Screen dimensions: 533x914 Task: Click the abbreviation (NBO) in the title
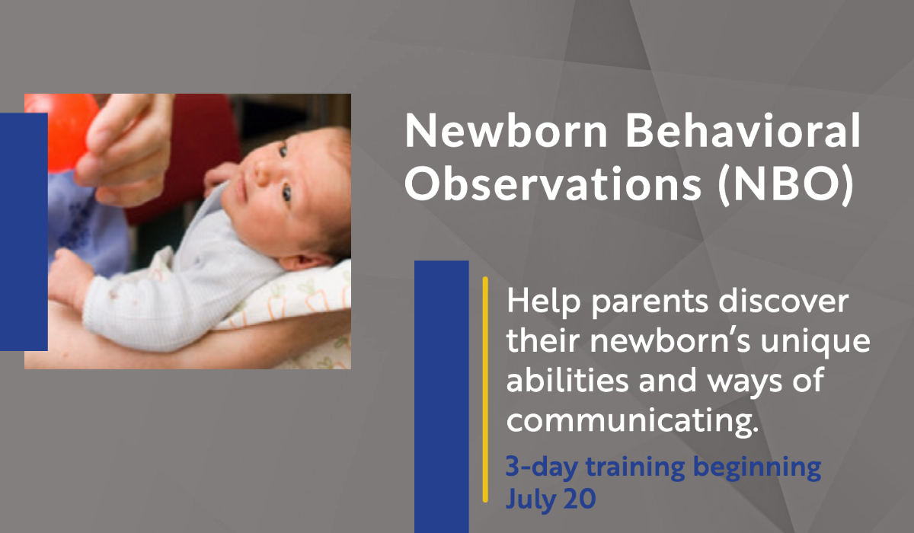(x=784, y=187)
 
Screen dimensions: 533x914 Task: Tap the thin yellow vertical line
(x=485, y=388)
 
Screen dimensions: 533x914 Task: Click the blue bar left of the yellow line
(x=441, y=396)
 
